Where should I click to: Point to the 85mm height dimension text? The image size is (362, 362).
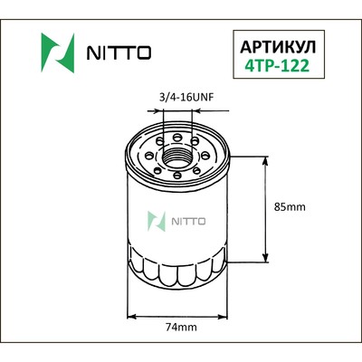pos(291,207)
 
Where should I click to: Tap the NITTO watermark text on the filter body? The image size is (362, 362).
pos(189,219)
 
